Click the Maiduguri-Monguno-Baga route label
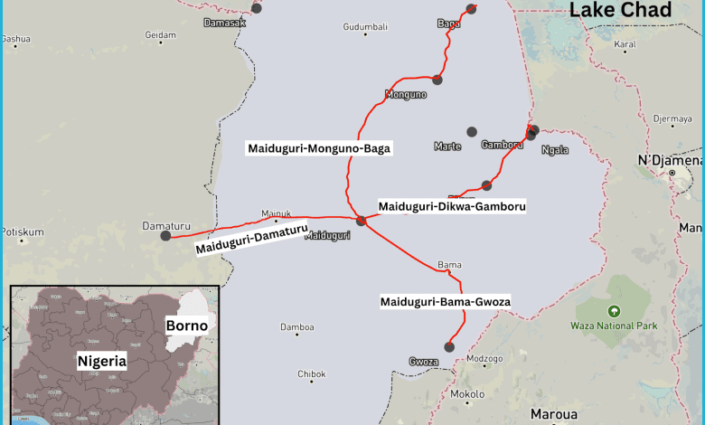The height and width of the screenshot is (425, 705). (x=319, y=148)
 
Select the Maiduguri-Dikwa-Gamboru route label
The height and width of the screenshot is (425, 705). (x=452, y=207)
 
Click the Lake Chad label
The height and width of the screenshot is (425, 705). (x=620, y=11)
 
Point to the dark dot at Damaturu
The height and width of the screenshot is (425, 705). (x=165, y=236)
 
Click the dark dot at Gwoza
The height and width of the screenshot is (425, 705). (x=448, y=346)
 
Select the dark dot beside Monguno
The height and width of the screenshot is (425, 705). (x=437, y=80)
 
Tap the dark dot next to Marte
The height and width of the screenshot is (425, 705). (x=471, y=132)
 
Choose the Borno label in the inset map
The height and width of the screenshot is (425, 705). (x=186, y=326)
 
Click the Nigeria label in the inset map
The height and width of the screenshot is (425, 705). (x=102, y=360)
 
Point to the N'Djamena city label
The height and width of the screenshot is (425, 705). (x=670, y=160)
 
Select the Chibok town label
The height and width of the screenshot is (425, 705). (x=312, y=373)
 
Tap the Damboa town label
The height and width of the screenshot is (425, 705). (x=296, y=327)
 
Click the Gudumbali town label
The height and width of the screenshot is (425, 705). (x=365, y=27)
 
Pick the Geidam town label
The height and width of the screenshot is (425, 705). (x=160, y=35)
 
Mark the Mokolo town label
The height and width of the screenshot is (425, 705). (x=467, y=394)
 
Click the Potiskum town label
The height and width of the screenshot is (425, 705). (x=22, y=231)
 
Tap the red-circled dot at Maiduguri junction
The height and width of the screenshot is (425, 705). (x=361, y=220)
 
